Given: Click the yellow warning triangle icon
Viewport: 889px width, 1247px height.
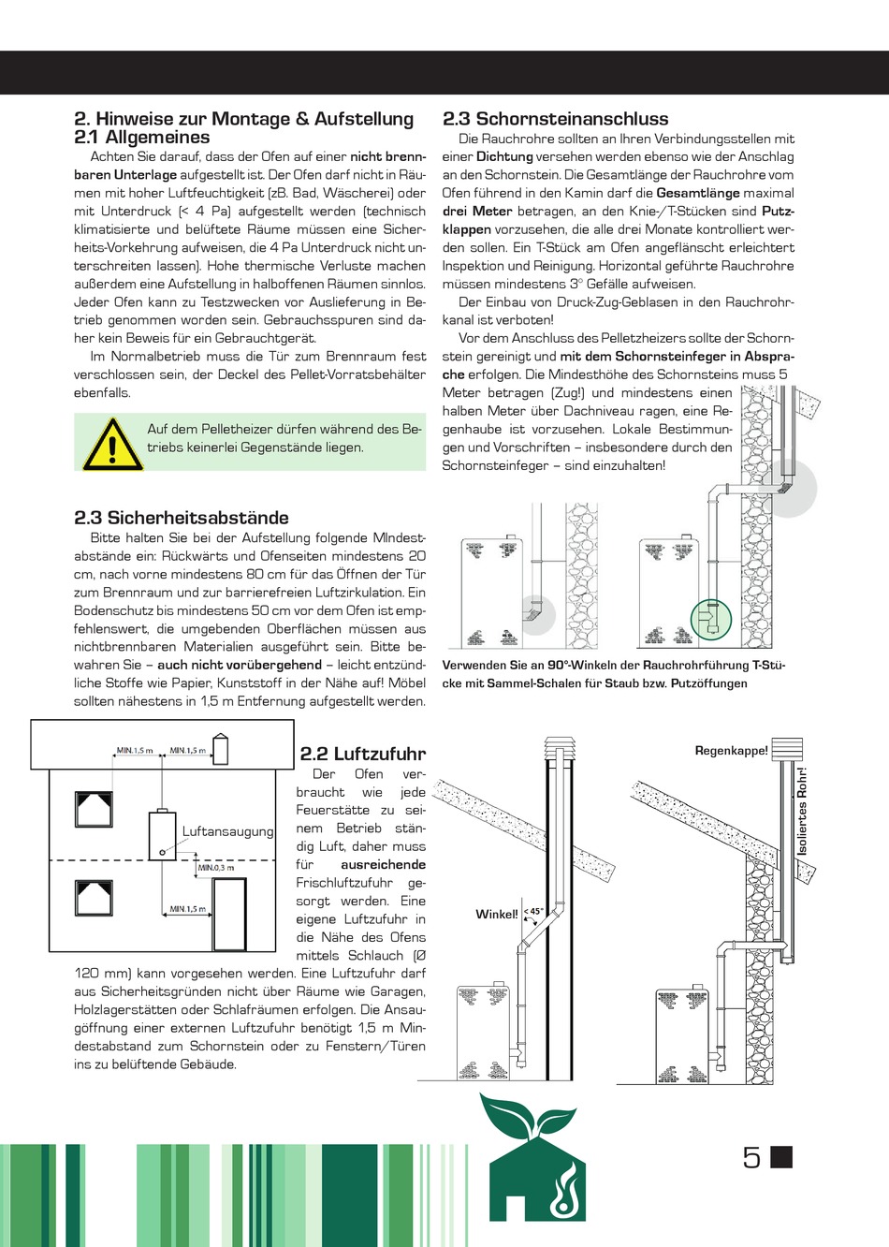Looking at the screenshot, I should [x=112, y=444].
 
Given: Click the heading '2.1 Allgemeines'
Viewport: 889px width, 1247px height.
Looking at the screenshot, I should [x=142, y=138].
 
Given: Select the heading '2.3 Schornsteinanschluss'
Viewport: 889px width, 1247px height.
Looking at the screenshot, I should [x=555, y=119].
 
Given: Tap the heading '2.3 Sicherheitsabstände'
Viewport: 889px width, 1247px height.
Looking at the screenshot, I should [x=181, y=518].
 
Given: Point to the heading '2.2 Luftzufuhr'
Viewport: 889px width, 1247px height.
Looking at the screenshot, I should [x=362, y=754].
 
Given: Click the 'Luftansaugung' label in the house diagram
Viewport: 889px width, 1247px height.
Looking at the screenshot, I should [x=227, y=831].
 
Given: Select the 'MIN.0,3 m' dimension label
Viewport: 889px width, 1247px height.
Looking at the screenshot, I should [x=216, y=868].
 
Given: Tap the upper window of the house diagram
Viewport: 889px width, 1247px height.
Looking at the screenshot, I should [x=94, y=809].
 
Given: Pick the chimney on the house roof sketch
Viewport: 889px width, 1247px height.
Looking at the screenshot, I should [x=221, y=749].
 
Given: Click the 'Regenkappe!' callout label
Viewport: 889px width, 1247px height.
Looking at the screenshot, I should [x=731, y=751].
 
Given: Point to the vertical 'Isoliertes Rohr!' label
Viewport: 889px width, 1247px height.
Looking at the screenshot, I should [x=802, y=811].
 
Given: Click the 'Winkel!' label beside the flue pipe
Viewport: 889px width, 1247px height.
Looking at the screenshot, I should [x=496, y=915].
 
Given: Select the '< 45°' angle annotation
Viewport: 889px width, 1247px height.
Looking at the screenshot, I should [x=533, y=911].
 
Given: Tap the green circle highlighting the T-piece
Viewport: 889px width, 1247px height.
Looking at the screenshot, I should [x=710, y=618].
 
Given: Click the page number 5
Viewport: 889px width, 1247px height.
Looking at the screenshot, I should [x=751, y=1158].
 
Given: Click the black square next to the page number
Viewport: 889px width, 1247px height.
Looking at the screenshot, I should [x=781, y=1157].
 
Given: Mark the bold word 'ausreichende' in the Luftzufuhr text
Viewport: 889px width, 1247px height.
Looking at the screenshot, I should [x=383, y=865].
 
